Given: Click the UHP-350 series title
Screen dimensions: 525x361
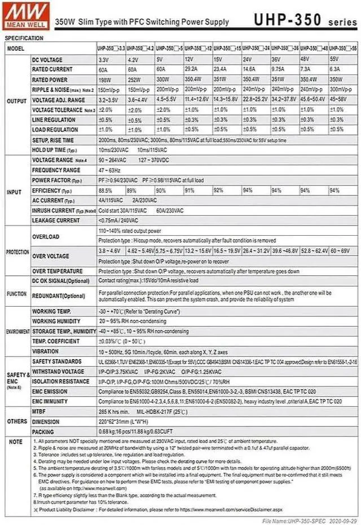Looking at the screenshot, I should pyautogui.click(x=305, y=20).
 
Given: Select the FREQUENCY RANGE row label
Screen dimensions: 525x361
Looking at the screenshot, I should pyautogui.click(x=56, y=170).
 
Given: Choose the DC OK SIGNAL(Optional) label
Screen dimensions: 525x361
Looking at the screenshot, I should pyautogui.click(x=60, y=280).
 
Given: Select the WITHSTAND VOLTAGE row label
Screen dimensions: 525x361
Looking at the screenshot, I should pyautogui.click(x=58, y=372).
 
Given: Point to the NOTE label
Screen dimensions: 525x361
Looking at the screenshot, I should pyautogui.click(x=16, y=441).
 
